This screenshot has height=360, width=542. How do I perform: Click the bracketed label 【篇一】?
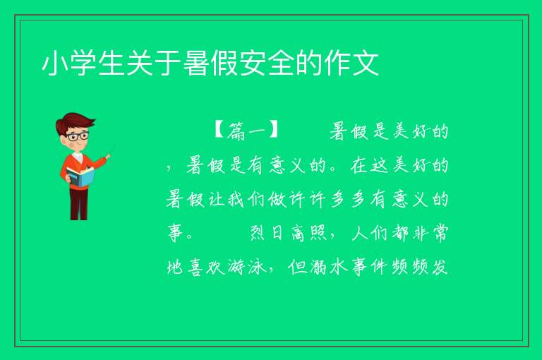(246, 131)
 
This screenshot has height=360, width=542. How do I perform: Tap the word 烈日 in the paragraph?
(267, 233)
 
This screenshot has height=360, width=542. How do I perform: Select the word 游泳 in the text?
(247, 267)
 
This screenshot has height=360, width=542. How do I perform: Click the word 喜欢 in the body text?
(206, 267)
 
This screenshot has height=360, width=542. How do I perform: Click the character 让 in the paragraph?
(216, 199)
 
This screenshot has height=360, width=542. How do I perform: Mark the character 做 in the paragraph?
(277, 199)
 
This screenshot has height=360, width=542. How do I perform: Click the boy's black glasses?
(78, 136)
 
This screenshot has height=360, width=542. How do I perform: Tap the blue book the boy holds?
(80, 176)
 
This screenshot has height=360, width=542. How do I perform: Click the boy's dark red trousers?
(78, 203)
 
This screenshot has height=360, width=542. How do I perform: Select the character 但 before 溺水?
(298, 267)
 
